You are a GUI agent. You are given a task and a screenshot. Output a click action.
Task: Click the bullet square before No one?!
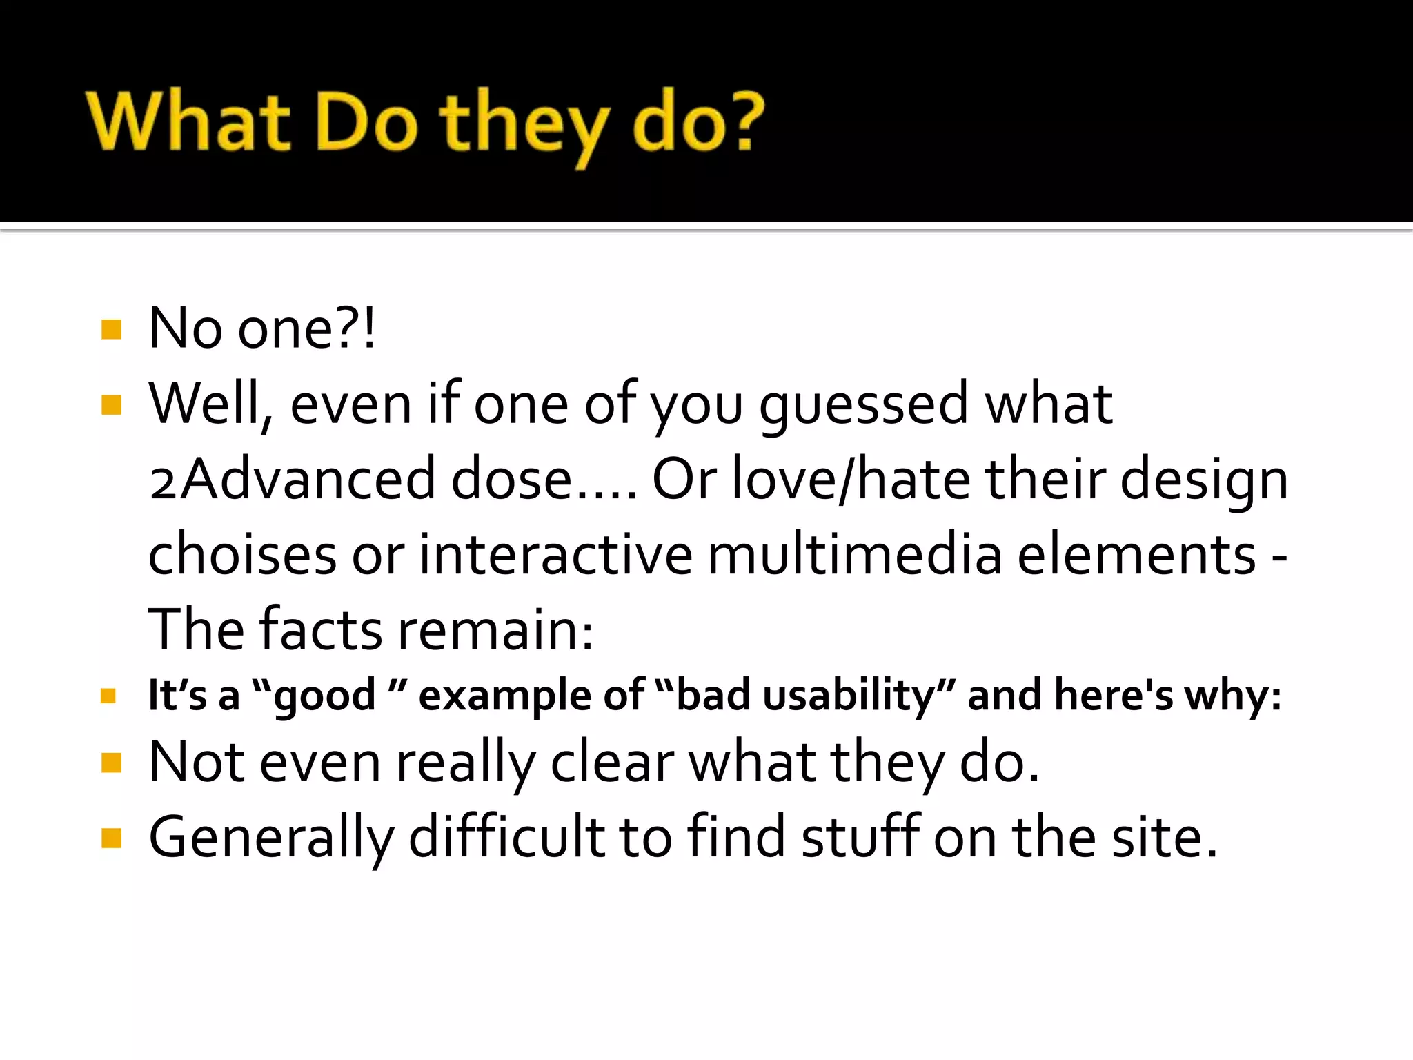[x=111, y=330]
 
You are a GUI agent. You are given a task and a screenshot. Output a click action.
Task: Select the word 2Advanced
[x=293, y=480]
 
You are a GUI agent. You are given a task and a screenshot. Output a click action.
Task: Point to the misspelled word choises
[x=242, y=555]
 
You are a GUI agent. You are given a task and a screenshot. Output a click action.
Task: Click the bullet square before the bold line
[x=108, y=696]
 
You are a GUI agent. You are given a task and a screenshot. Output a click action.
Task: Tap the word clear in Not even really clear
[x=612, y=763]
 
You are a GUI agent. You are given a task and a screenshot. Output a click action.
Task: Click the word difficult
[x=507, y=838]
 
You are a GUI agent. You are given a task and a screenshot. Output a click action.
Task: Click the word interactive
[x=556, y=555]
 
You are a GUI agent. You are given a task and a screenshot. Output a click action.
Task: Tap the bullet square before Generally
[x=111, y=838]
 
